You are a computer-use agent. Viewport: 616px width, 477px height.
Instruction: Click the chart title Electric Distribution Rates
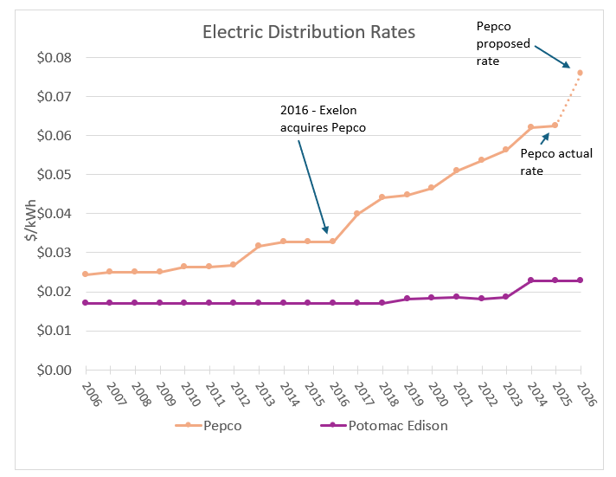click(x=309, y=32)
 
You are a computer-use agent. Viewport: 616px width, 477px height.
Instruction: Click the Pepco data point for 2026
click(x=580, y=73)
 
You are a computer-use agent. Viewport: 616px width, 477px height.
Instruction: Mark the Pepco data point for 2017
click(x=357, y=213)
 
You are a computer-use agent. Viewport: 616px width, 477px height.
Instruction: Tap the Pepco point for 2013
click(x=259, y=246)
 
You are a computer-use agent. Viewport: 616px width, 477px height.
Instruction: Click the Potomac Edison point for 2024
click(x=530, y=280)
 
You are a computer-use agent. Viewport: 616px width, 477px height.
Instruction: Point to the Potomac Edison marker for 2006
click(x=86, y=303)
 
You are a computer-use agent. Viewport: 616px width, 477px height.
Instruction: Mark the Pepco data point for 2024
click(x=530, y=127)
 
